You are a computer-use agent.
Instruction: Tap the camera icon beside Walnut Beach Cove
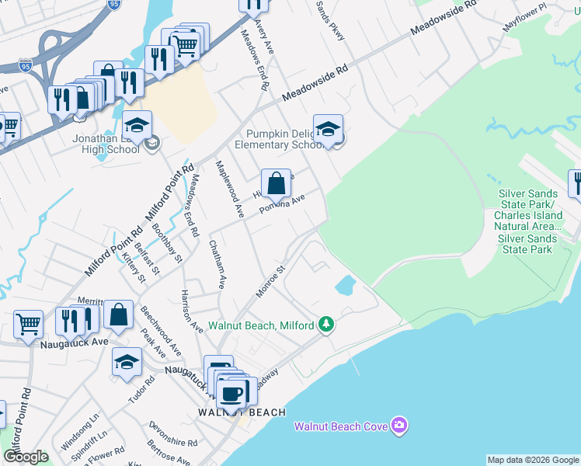(x=399, y=425)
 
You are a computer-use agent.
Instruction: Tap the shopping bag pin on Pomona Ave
(x=276, y=184)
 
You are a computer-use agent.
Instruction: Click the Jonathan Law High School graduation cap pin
(x=137, y=125)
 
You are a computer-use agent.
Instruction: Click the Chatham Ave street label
(x=217, y=264)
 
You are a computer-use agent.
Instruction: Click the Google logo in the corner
(x=26, y=457)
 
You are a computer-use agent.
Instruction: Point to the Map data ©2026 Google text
(x=533, y=460)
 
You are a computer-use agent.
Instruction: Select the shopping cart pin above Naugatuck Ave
(x=28, y=325)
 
